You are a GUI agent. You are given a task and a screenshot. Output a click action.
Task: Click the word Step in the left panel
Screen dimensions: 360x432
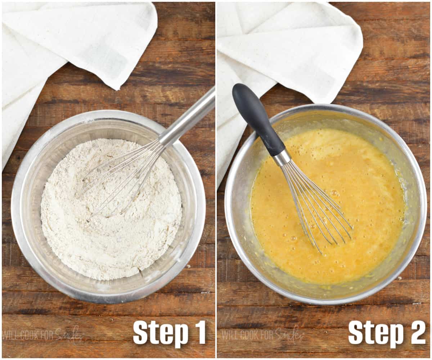click(161, 332)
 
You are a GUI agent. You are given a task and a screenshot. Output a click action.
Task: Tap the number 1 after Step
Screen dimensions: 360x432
click(201, 332)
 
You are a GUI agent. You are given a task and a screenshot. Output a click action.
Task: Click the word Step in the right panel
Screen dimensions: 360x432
click(376, 332)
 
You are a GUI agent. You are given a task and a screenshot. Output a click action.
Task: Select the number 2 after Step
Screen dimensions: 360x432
click(418, 332)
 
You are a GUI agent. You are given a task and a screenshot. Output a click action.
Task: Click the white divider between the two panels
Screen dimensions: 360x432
click(216, 180)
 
